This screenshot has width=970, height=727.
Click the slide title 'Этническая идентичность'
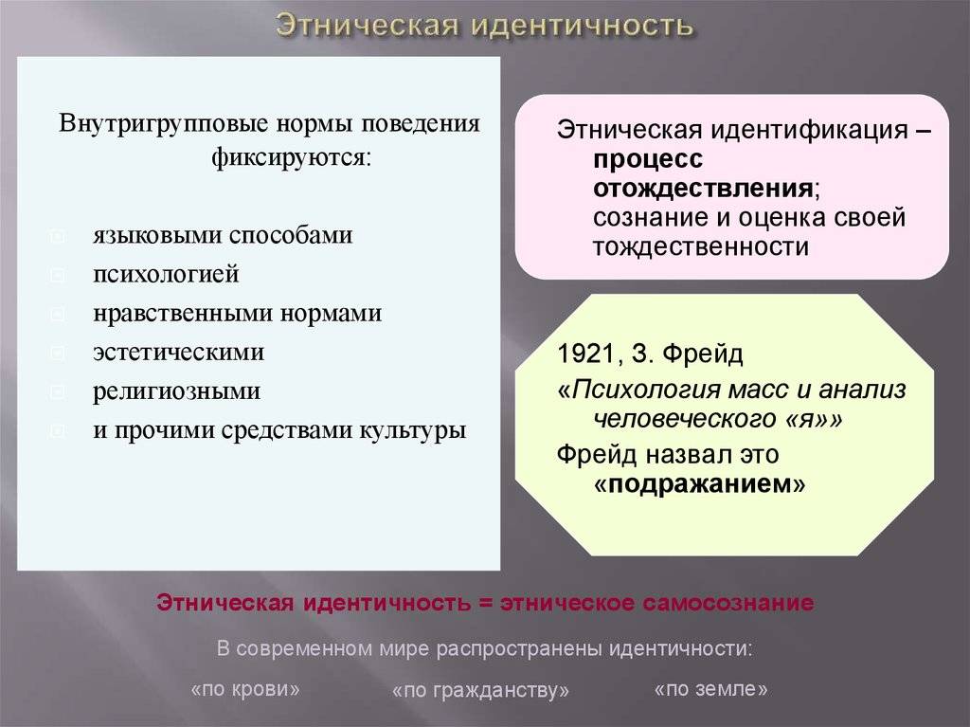point(484,26)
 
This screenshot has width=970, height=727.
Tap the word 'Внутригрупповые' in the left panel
point(163,124)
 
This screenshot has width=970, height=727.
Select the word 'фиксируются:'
point(291,158)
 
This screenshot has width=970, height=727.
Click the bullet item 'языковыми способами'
point(223,236)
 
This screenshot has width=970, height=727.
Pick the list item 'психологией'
point(166,275)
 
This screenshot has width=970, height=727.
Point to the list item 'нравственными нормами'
point(237,314)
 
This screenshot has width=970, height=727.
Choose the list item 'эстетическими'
point(178,353)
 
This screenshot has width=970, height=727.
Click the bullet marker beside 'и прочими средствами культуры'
point(57,430)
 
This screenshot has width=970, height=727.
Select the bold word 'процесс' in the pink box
point(648,160)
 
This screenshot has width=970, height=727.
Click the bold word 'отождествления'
point(703,188)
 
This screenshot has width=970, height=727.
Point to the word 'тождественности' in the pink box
point(701,247)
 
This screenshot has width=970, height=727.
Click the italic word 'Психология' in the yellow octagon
point(646,391)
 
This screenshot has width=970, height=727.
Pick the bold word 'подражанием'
point(700,485)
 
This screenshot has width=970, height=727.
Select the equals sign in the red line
point(486,603)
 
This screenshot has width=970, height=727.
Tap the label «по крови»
point(245,689)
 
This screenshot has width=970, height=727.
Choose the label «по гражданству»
point(480,690)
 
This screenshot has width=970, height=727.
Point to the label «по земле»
point(710,688)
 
